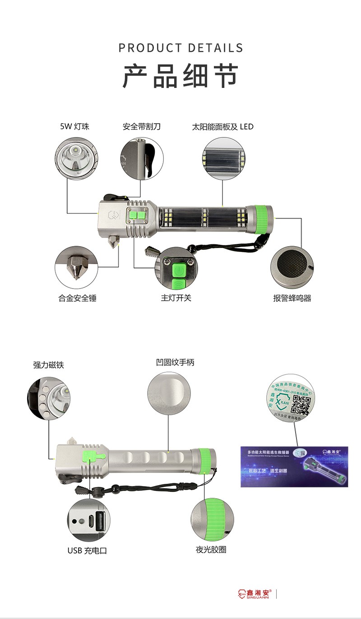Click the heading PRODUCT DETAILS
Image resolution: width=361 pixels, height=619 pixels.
pyautogui.click(x=180, y=48)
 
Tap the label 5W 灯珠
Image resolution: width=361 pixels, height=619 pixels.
pyautogui.click(x=75, y=127)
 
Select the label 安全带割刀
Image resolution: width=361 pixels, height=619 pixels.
pyautogui.click(x=142, y=127)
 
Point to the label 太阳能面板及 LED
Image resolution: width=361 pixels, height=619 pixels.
pyautogui.click(x=223, y=127)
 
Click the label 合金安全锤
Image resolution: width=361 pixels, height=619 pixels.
pyautogui.click(x=78, y=298)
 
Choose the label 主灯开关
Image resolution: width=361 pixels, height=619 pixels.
pyautogui.click(x=176, y=298)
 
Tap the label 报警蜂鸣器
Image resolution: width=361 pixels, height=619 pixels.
pyautogui.click(x=292, y=298)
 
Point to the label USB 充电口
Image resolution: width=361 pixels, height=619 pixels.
pyautogui.click(x=88, y=550)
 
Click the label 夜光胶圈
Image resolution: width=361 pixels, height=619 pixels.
pyautogui.click(x=211, y=550)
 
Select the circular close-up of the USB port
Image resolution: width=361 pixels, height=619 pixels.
pyautogui.click(x=88, y=520)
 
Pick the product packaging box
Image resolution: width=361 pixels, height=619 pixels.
pyautogui.click(x=294, y=466)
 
